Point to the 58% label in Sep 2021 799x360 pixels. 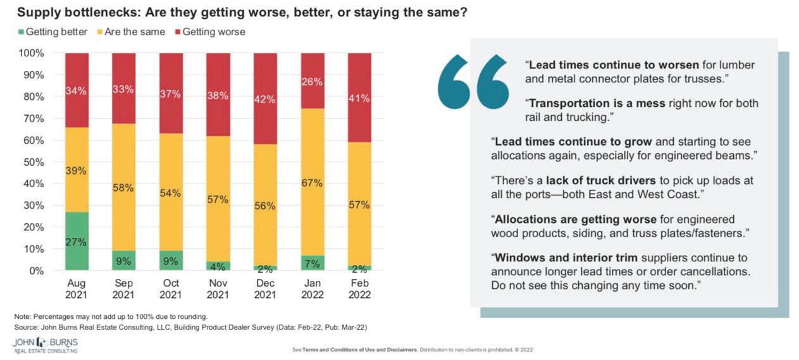click(x=123, y=189)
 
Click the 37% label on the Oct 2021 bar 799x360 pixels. click(x=171, y=94)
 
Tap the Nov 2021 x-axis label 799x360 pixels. click(x=218, y=289)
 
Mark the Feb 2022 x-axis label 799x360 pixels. click(x=359, y=289)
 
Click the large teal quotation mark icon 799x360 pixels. click(x=474, y=81)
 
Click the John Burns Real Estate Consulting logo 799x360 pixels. click(x=46, y=345)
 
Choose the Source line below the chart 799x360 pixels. click(x=190, y=327)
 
